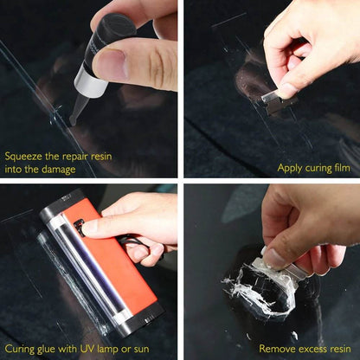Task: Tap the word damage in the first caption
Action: [x=60, y=169]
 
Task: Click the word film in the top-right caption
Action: [x=340, y=168]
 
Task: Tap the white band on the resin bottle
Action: [x=89, y=83]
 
